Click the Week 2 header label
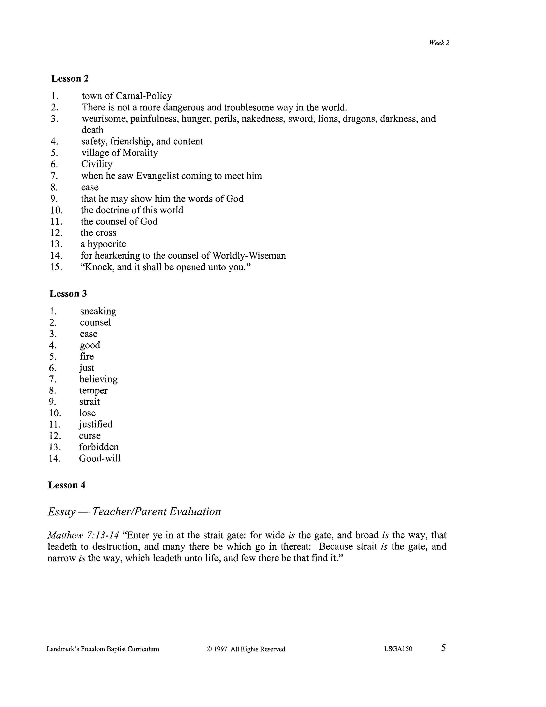pyautogui.click(x=439, y=43)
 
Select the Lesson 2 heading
pyautogui.click(x=70, y=79)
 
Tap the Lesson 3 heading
pyautogui.click(x=68, y=294)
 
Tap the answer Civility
pyautogui.click(x=97, y=164)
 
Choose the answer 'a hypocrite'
pyautogui.click(x=103, y=244)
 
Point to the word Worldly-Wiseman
pyautogui.click(x=249, y=256)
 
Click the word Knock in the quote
pyautogui.click(x=99, y=267)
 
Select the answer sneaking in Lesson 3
pyautogui.click(x=98, y=311)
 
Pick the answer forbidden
pyautogui.click(x=99, y=447)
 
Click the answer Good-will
pyautogui.click(x=100, y=459)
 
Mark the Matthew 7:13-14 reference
pyautogui.click(x=83, y=535)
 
